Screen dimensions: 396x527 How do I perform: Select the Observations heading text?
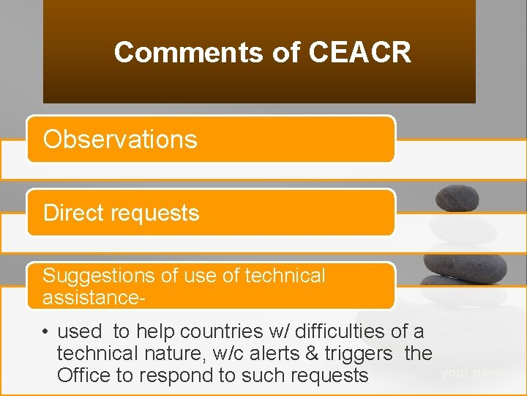tap(120, 139)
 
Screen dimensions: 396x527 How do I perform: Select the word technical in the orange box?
tap(285, 276)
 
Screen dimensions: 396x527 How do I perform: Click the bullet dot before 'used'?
tap(45, 332)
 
